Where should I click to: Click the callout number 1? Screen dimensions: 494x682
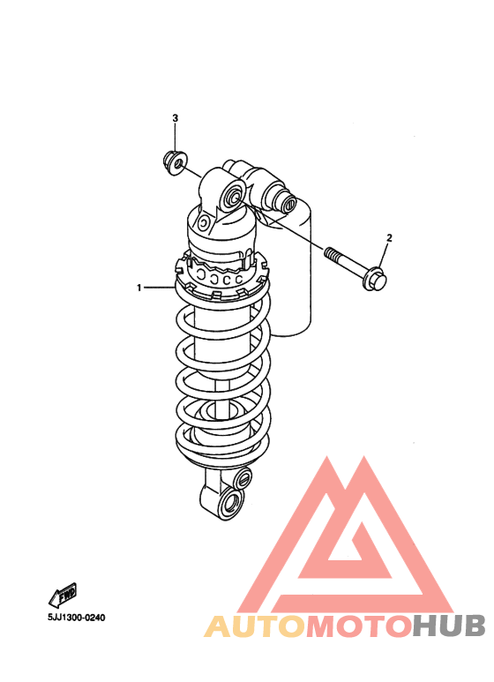(139, 288)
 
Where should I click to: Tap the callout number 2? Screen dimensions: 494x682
(389, 238)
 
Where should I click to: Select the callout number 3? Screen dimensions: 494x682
(176, 118)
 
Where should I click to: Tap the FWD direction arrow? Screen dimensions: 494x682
(63, 595)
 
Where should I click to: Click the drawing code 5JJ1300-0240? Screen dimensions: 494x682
(77, 618)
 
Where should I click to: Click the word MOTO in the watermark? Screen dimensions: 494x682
(359, 626)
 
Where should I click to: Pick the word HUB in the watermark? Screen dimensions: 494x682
(448, 626)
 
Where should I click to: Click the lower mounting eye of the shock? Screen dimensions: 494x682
(229, 504)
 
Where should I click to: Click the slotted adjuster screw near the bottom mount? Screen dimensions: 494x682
(243, 478)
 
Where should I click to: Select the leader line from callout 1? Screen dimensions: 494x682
(159, 288)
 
